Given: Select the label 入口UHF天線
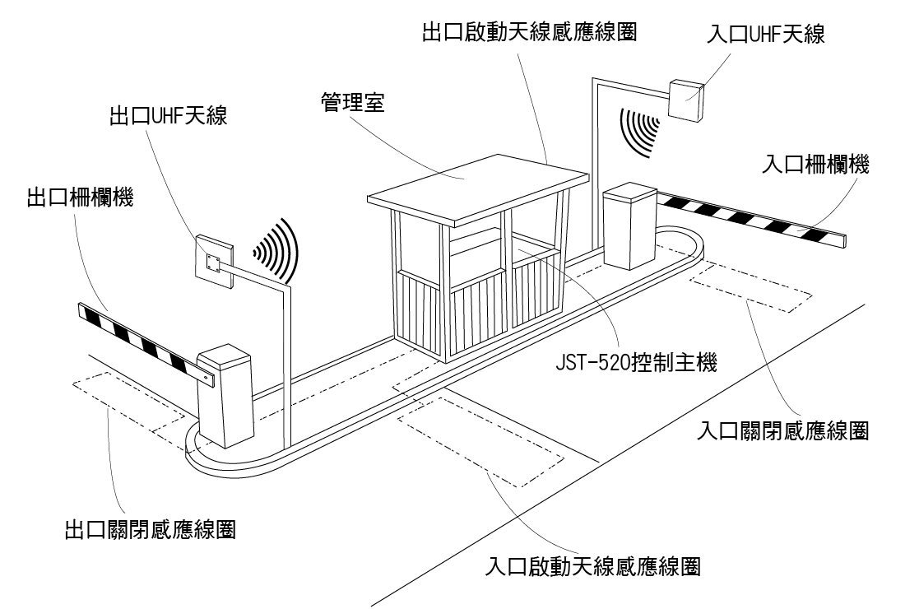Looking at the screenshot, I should (766, 35).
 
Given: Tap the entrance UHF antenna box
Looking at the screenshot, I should (686, 100).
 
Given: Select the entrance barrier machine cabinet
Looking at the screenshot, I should (629, 227).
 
